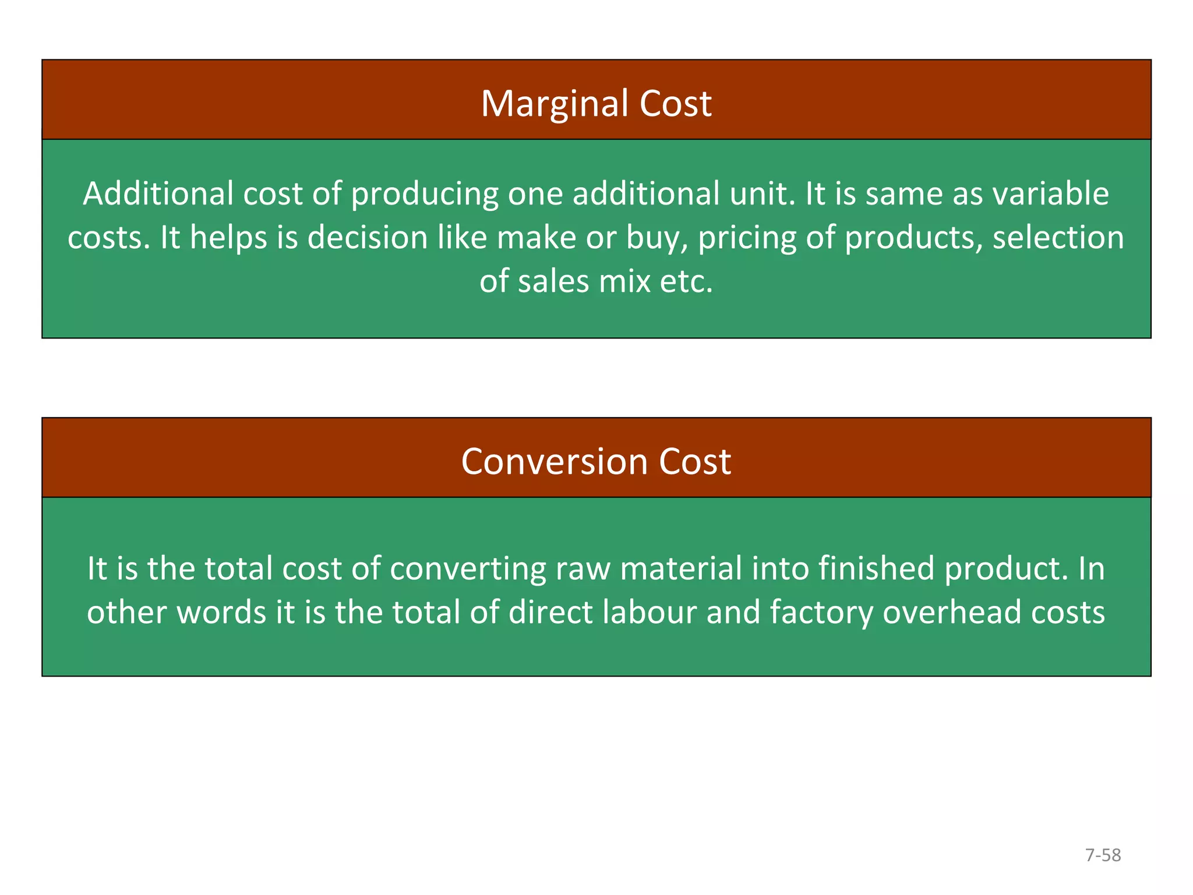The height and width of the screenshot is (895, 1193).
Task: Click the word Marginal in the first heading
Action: (555, 104)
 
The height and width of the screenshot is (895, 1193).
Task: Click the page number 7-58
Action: (1103, 855)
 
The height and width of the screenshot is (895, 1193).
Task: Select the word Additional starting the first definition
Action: (158, 193)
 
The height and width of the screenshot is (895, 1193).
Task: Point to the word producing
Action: (425, 195)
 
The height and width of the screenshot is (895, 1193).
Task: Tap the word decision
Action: (368, 238)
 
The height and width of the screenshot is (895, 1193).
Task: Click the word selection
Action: (1058, 238)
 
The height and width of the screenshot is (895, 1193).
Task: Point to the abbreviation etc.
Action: (686, 281)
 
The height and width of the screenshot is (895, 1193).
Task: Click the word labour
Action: (650, 612)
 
